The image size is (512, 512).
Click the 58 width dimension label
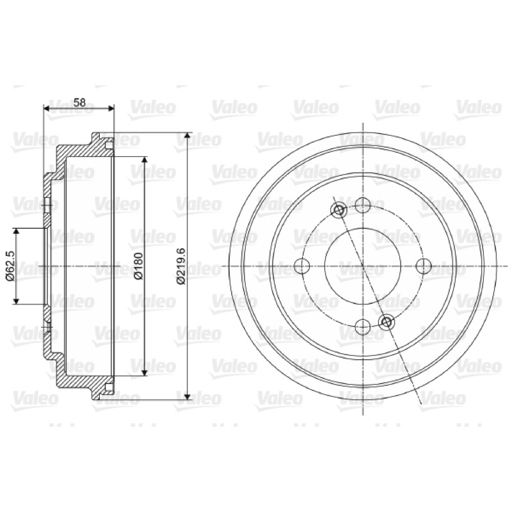79,102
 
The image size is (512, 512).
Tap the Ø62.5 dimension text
10,266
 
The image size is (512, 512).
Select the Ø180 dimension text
138,266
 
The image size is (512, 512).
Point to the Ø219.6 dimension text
180,266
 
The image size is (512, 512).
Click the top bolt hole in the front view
363,205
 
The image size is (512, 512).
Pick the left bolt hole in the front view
301,266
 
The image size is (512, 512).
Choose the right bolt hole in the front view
424,266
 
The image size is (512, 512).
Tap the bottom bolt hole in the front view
363,327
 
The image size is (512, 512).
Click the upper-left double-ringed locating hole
339,210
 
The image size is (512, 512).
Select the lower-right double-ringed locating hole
387,322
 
